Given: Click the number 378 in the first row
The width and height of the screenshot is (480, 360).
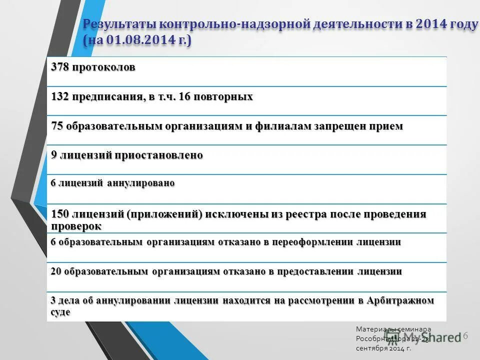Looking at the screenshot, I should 59,67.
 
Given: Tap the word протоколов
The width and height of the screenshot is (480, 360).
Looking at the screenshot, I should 103,67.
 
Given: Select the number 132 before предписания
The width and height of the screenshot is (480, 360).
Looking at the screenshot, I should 59,96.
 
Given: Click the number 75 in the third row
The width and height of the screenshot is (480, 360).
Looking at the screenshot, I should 57,126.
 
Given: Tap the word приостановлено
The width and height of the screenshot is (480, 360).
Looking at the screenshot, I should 159,155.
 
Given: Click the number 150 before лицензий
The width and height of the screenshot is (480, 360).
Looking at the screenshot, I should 60,214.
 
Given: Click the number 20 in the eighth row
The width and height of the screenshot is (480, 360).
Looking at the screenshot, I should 55,271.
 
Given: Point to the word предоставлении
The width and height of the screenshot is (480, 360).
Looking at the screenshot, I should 314,271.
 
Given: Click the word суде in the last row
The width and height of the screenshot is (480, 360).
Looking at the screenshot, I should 60,312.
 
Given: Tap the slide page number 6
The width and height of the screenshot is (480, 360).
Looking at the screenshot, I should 465,335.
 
